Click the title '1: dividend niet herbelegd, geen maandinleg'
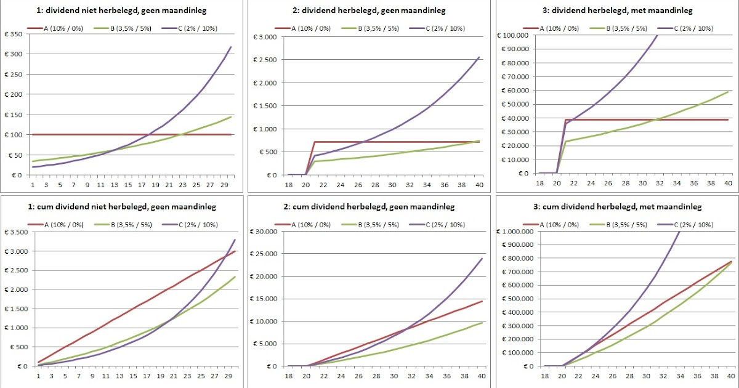123,10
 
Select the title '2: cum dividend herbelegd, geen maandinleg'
369,206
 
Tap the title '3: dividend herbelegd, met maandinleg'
615,10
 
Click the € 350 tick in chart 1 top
13,34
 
